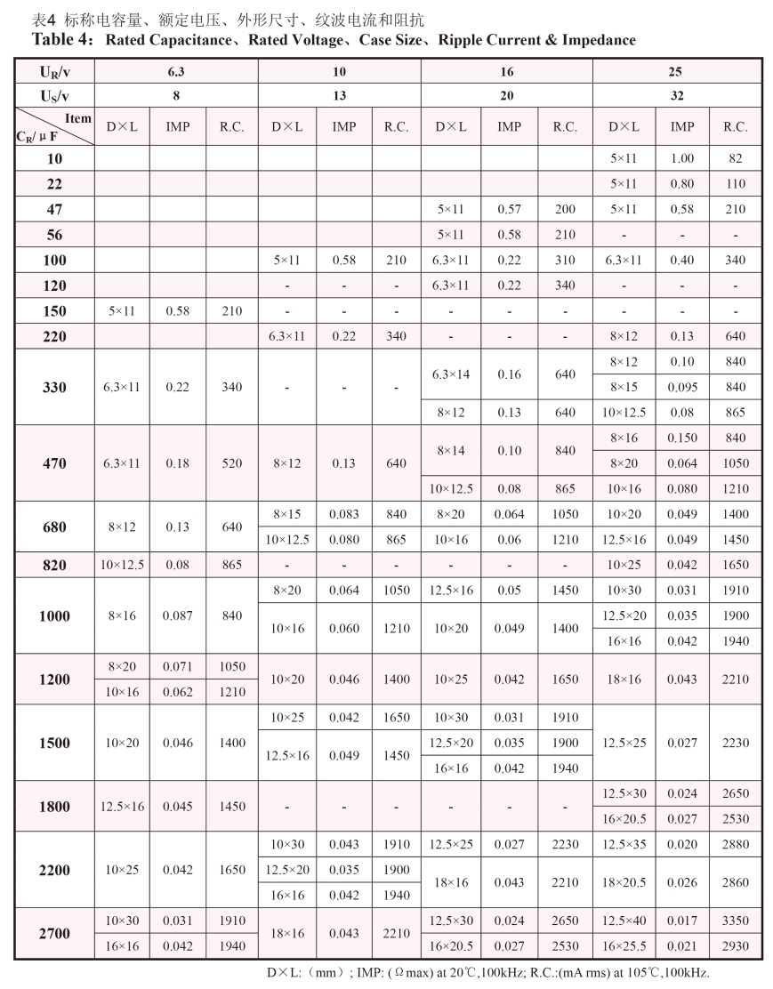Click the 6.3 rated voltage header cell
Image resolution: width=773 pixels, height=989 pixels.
click(176, 70)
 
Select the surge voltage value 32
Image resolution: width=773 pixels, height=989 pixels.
click(676, 95)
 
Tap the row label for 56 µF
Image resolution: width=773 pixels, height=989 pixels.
click(54, 235)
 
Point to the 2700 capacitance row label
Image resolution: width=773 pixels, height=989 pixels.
click(54, 934)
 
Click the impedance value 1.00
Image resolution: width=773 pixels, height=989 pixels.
click(682, 158)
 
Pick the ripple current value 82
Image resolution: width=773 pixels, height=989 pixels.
click(735, 158)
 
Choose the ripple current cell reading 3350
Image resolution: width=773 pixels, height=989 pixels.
click(735, 921)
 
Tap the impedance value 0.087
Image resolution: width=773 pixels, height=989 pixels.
click(178, 616)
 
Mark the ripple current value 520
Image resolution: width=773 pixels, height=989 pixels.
click(231, 463)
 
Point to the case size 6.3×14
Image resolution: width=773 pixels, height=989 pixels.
click(452, 374)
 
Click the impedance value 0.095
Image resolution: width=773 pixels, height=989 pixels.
click(682, 388)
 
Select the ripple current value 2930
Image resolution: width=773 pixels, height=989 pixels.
click(735, 946)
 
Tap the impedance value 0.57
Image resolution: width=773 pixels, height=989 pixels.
click(509, 210)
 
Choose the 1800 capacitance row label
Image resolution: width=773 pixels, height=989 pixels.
click(54, 806)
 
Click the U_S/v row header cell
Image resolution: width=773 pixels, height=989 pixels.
click(54, 95)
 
